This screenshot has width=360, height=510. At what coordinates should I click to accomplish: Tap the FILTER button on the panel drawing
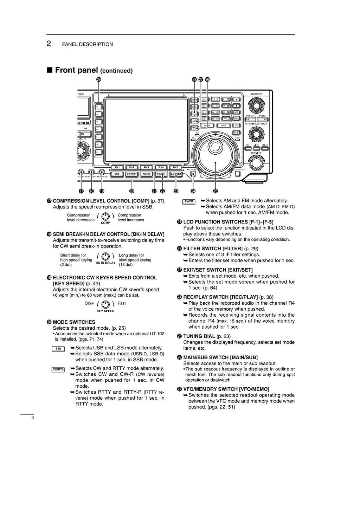click(161, 174)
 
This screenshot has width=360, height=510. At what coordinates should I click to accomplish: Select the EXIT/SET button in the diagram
click(176, 174)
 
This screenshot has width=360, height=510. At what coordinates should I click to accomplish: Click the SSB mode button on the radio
click(117, 174)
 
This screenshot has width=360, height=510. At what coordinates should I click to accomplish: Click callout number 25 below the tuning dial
click(216, 191)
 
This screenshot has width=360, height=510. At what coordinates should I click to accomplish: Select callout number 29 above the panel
click(99, 79)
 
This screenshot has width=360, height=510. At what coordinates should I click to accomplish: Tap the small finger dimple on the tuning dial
click(213, 146)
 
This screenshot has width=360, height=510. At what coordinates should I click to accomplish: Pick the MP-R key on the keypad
click(223, 125)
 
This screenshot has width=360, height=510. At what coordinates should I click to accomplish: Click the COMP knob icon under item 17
click(105, 216)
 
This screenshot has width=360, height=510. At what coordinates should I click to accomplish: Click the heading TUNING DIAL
click(199, 336)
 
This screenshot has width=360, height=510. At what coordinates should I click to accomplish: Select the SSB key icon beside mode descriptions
click(58, 349)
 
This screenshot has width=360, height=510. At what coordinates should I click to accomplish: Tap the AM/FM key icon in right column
click(189, 202)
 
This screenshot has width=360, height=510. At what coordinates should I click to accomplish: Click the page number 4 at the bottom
click(33, 418)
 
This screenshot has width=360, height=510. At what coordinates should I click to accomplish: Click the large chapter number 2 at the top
click(49, 44)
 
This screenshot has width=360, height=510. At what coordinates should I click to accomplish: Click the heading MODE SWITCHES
click(74, 322)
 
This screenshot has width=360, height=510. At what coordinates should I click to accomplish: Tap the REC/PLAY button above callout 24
click(193, 174)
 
